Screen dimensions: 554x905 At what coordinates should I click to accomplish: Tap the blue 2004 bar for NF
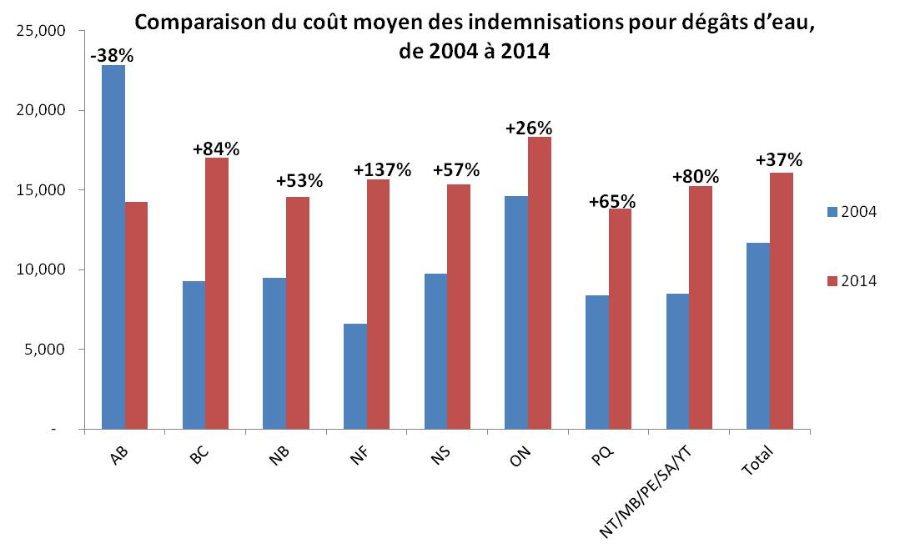(355, 376)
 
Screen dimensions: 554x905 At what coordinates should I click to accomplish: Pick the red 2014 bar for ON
(540, 283)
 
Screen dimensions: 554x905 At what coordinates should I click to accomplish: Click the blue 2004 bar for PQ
(597, 362)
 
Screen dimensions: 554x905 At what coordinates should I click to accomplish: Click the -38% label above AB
(112, 56)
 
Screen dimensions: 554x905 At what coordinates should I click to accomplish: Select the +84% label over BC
(216, 149)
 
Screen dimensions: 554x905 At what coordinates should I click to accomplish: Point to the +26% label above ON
(529, 128)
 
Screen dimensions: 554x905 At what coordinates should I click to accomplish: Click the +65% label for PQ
(612, 201)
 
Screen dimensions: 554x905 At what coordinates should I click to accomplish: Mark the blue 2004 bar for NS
(436, 351)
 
